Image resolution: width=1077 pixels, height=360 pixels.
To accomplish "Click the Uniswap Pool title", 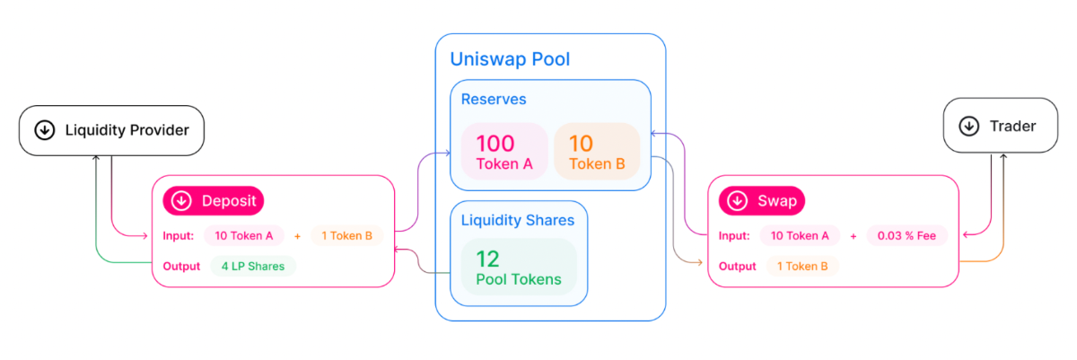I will (x=510, y=60).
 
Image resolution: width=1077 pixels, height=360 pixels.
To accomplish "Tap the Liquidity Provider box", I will (x=112, y=130).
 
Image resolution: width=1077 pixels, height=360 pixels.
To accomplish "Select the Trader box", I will (x=1000, y=127).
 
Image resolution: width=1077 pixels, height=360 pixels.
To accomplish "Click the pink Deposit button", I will (x=213, y=201).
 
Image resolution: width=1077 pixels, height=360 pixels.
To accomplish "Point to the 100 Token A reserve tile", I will (x=503, y=151).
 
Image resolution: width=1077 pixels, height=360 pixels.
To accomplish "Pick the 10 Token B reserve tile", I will (x=597, y=151).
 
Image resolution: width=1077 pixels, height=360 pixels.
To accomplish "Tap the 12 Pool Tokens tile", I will (x=518, y=268).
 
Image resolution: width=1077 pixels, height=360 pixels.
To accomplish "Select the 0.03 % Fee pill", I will (x=908, y=235).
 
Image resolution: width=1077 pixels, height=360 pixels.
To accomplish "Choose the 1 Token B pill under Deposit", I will (x=346, y=236).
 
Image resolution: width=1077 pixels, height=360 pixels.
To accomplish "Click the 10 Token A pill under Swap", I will (x=800, y=236).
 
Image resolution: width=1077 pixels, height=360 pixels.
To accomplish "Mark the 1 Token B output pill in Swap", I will (x=802, y=266).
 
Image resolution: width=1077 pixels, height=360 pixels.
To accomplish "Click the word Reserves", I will (x=494, y=99).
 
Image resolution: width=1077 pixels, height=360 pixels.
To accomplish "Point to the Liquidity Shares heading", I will (x=517, y=220).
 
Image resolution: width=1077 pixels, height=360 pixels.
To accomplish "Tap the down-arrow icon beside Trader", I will (x=968, y=127).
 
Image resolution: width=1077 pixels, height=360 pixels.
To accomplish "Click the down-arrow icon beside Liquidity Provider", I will (x=44, y=130).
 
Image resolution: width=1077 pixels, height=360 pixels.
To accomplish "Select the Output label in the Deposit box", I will (x=181, y=267).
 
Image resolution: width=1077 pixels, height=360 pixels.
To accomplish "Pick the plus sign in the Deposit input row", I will (x=297, y=236).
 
